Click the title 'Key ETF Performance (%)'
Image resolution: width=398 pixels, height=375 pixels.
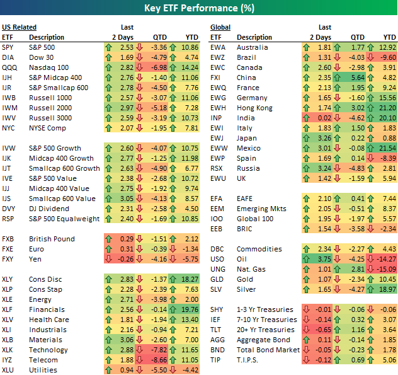point(199,9)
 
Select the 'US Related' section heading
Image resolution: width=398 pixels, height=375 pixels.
point(20,27)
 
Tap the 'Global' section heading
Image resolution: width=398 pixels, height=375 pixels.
point(220,27)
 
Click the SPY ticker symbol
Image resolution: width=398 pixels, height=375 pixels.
point(9,47)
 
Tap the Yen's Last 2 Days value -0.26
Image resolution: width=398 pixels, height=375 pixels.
point(125,259)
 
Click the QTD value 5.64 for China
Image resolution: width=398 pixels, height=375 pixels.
point(358,78)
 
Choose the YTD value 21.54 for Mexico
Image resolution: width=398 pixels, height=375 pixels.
point(386,148)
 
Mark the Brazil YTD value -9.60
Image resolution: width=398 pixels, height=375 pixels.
point(387,57)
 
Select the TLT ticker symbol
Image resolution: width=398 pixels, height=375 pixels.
point(216,330)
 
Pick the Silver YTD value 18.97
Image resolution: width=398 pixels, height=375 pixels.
point(386,289)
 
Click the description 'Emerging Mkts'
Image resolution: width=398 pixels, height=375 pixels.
point(261,209)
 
